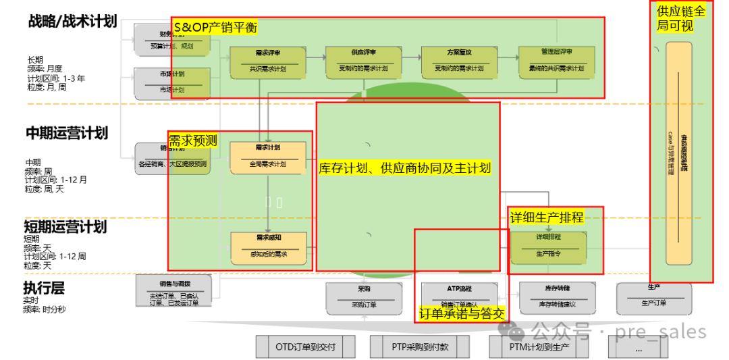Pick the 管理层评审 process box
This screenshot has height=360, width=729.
[x=556, y=61]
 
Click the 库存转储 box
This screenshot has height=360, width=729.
[x=557, y=298]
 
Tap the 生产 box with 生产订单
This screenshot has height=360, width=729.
[x=653, y=298]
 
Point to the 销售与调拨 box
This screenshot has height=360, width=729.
[x=169, y=291]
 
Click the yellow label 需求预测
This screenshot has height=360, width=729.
[x=193, y=140]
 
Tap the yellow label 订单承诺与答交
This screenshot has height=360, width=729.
[x=462, y=313]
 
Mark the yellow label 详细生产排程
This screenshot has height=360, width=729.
[x=547, y=217]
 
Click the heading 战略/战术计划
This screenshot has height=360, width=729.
[x=73, y=21]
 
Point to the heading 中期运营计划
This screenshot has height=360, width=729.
[x=67, y=132]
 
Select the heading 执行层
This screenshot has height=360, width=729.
[x=45, y=288]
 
